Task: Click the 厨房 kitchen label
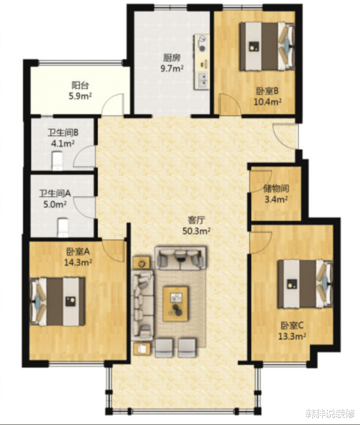[x=172, y=58]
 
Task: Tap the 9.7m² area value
[x=172, y=68]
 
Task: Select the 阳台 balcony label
[x=80, y=85]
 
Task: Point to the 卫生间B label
[x=63, y=132]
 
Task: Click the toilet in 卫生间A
[x=63, y=227]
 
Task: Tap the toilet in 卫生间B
[x=57, y=161]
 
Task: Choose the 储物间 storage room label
[x=276, y=188]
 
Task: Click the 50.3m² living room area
[x=196, y=231]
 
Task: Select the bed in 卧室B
[x=267, y=46]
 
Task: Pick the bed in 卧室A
[x=57, y=301]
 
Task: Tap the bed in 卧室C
[x=305, y=284]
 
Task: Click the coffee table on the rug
[x=176, y=304]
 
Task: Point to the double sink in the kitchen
[x=202, y=80]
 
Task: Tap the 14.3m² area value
[x=78, y=262]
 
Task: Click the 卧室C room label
[x=292, y=325]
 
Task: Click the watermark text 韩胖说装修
[x=330, y=414]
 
